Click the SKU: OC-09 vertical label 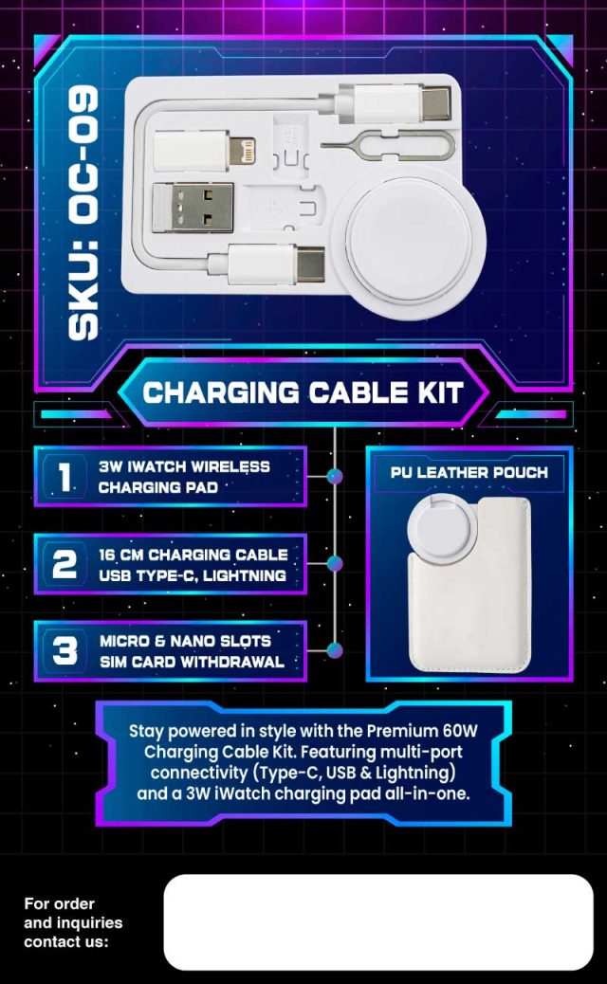point(83,213)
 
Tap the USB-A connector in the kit point(193,207)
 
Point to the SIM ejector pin point(387,145)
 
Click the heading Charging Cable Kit point(303,392)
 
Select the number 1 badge point(64,476)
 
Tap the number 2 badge point(64,564)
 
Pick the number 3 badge point(64,650)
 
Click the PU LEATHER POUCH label point(469,472)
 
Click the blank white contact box point(378,921)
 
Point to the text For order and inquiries point(73,913)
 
